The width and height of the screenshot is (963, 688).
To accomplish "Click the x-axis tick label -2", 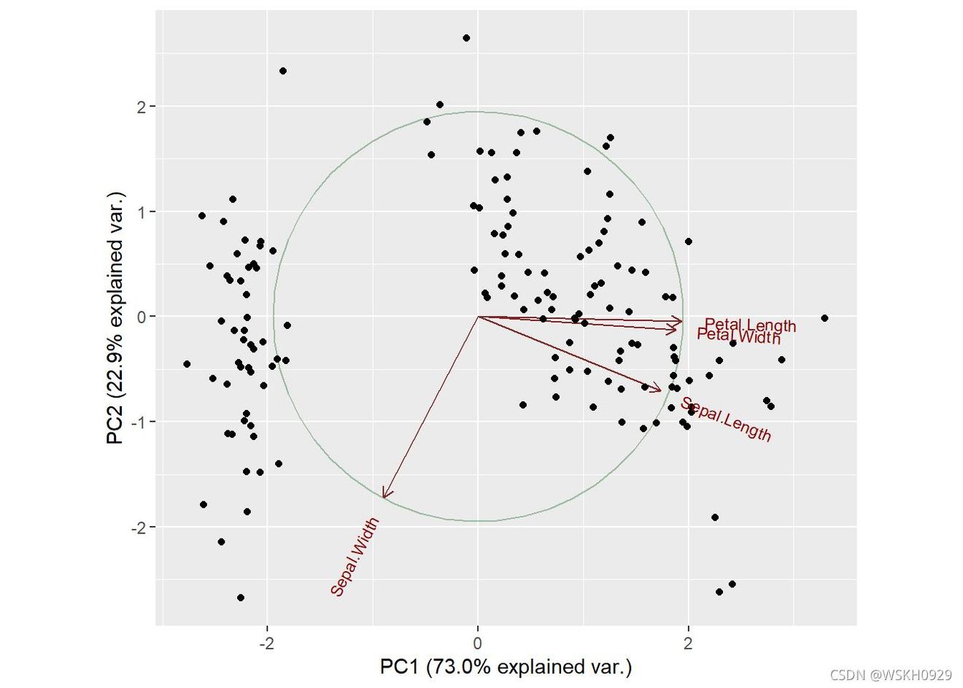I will (x=266, y=643).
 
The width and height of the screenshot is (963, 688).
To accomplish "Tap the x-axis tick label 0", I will (x=478, y=643).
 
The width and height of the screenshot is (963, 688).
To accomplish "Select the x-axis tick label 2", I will (x=688, y=643).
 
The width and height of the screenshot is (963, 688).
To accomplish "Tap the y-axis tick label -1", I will (x=139, y=422).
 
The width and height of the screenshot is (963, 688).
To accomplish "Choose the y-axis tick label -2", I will (x=139, y=527).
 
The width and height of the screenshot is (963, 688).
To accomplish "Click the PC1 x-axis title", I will (x=506, y=667).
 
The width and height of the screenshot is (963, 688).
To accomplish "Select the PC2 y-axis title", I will (x=116, y=318).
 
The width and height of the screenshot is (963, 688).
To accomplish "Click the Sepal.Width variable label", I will (x=355, y=557).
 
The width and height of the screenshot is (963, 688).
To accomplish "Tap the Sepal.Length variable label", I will (x=726, y=420).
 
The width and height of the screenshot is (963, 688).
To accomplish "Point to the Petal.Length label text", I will (x=750, y=325).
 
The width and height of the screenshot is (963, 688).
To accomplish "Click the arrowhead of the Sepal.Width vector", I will (x=384, y=497).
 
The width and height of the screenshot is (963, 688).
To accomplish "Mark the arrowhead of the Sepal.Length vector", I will (x=659, y=390).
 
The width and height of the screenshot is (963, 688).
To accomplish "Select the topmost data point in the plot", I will (x=466, y=38).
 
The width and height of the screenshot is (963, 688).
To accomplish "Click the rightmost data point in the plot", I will (x=824, y=318).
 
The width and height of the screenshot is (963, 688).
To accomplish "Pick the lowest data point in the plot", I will (x=241, y=598).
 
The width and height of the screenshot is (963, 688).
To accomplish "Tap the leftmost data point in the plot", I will (x=187, y=364).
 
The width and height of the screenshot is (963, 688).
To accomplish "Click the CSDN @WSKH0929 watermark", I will (x=891, y=676).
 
